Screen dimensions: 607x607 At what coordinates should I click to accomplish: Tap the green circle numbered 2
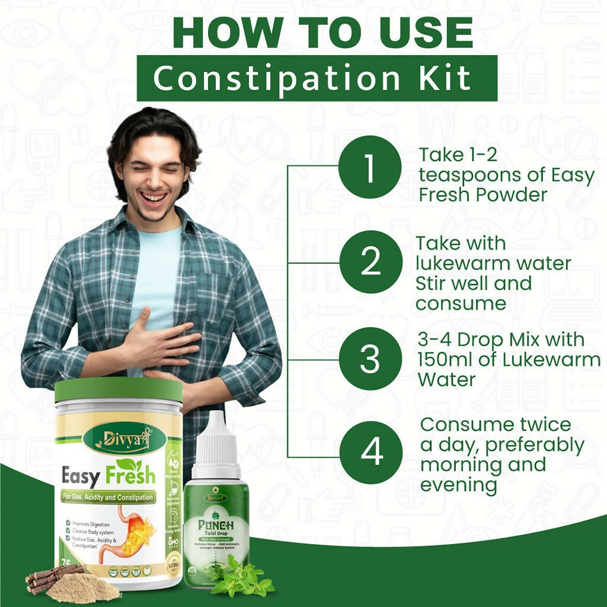(370, 262)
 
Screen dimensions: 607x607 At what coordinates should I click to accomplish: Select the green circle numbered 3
(370, 359)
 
